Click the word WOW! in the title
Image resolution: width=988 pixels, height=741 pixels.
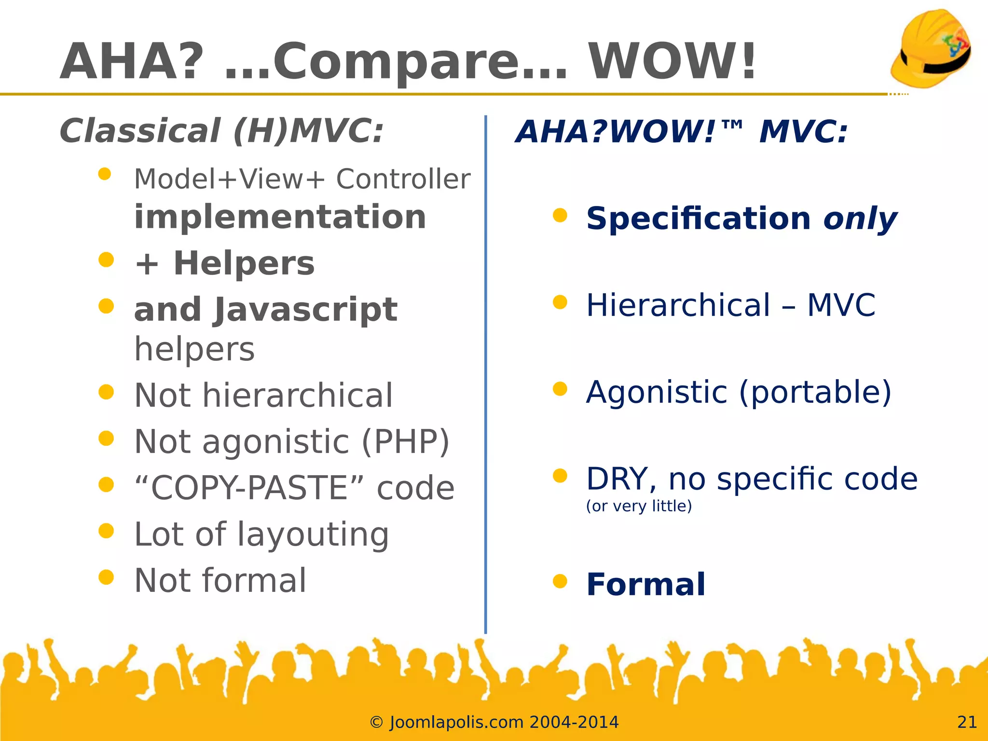pos(672,62)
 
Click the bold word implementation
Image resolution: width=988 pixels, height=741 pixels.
pos(280,217)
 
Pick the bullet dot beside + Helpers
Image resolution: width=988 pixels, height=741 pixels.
pos(106,260)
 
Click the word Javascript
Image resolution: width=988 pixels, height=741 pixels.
pos(306,310)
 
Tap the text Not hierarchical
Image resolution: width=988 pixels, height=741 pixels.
pos(263,396)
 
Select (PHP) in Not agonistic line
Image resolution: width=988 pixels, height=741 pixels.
pos(405,442)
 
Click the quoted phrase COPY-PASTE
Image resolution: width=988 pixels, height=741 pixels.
pos(249,488)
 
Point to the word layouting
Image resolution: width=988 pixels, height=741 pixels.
pos(313,535)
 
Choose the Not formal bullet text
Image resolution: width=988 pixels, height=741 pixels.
pos(220,581)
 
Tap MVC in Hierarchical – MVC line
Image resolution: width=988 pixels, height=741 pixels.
pos(841,305)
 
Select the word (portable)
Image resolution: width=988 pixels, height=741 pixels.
pos(815,392)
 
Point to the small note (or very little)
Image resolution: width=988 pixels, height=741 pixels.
pos(639,506)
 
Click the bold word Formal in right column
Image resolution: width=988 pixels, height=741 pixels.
pos(645,585)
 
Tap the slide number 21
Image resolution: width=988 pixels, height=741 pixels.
pos(967,722)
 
